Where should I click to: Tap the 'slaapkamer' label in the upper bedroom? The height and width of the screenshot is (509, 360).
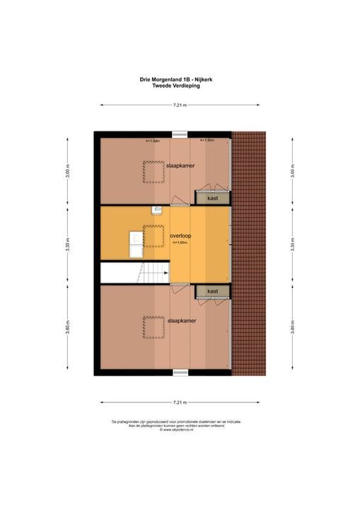click(x=182, y=165)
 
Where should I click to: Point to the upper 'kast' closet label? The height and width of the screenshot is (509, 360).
click(x=212, y=199)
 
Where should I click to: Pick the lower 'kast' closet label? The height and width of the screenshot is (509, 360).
click(x=212, y=291)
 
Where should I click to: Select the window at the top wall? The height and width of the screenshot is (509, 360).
click(x=181, y=133)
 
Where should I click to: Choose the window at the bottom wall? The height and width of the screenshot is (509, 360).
click(x=181, y=371)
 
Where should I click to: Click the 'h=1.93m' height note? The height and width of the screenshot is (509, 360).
click(x=182, y=243)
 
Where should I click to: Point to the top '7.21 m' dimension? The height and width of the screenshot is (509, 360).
click(x=180, y=105)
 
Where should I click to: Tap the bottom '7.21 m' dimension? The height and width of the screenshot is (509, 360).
click(x=180, y=403)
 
